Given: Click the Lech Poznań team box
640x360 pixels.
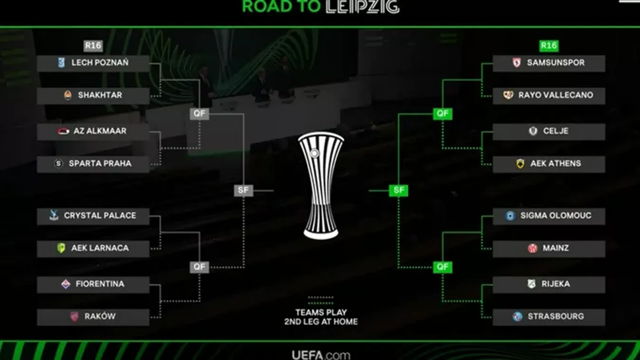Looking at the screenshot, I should tap(93, 63).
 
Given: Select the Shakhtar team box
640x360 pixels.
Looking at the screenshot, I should tap(93, 95).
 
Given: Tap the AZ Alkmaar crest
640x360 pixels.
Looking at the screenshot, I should tap(64, 131).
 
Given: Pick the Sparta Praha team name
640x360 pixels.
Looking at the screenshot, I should tap(100, 163).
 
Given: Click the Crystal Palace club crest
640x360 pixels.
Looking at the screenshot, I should tap(54, 216).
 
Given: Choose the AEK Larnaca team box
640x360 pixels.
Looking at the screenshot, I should tap(93, 248).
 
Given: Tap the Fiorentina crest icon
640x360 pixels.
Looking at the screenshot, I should tap(66, 284).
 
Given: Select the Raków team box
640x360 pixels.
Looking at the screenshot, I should tap(93, 316).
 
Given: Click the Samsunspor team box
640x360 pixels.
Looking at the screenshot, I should tap(549, 63).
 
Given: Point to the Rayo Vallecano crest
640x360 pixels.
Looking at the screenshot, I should tap(508, 95).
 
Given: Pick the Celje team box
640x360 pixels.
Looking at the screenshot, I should tap(549, 131).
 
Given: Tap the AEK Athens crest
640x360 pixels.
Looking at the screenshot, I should tap(520, 164).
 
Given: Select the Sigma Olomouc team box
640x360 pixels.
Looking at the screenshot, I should tap(549, 216).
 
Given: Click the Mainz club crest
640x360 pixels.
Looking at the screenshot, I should tap(533, 248).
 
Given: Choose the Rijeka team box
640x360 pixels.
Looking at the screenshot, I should tap(549, 284).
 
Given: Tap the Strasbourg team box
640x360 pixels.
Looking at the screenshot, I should tap(549, 316).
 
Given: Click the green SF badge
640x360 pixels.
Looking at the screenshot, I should tap(399, 190).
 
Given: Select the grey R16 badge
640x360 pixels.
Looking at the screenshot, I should tap(93, 46).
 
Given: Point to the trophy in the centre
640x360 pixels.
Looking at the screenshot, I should tap(321, 185).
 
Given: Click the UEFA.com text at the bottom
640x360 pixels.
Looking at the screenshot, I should tap(321, 355).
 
